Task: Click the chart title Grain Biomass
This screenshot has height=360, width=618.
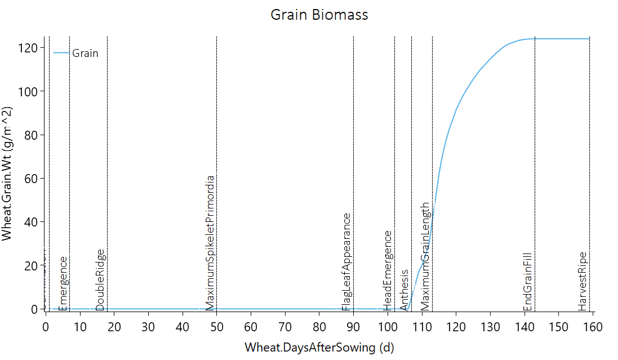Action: point(319,15)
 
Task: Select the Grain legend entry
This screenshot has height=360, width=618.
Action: point(85,54)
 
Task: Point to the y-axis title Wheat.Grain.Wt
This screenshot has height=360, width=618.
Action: point(7,174)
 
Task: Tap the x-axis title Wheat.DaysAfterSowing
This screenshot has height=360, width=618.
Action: point(319,347)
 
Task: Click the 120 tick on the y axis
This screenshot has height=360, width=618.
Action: point(30,48)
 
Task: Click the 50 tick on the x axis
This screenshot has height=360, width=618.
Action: point(217,327)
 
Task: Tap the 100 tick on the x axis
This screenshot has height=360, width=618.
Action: point(388,327)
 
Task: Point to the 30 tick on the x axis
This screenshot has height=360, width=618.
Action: point(148,327)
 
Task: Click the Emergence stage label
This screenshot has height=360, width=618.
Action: point(63,283)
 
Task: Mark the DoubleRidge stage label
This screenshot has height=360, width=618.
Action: point(100,279)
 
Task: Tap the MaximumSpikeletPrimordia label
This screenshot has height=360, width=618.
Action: point(210,243)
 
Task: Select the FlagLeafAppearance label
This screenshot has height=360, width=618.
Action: point(346,261)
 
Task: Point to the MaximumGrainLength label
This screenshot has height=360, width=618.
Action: point(425,256)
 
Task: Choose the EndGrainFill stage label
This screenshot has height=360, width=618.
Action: point(528,282)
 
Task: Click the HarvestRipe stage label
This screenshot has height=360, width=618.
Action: point(583,281)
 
